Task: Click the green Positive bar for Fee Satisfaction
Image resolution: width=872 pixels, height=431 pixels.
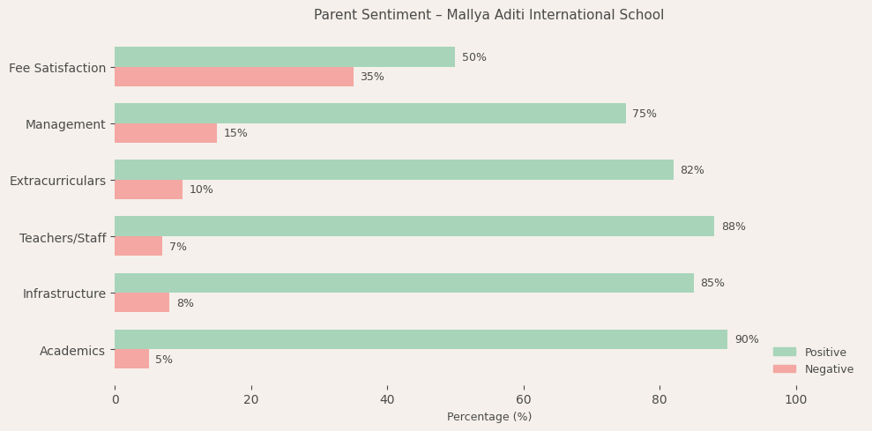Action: [285, 57]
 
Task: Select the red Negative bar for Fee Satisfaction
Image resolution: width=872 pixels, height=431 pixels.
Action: [234, 77]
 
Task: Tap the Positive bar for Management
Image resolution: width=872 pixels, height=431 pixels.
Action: [369, 114]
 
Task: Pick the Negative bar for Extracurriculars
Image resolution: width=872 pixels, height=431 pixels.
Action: [148, 189]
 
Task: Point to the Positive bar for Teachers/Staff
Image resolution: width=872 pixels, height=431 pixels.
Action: [414, 227]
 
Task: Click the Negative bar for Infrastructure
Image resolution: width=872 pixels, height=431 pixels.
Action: [142, 303]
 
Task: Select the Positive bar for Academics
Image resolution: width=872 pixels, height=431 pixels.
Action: [421, 339]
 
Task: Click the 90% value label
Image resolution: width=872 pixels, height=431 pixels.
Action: [746, 339]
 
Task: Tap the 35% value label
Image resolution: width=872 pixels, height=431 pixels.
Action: [372, 77]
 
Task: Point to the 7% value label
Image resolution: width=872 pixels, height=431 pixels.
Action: [177, 247]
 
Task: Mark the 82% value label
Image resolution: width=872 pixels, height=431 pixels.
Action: [691, 170]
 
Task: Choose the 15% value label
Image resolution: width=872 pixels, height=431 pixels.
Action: [235, 133]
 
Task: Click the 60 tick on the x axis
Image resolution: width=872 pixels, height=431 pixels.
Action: [523, 399]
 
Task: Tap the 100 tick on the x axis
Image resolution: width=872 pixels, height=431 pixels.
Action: [795, 399]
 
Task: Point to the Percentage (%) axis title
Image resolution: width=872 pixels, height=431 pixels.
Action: [488, 417]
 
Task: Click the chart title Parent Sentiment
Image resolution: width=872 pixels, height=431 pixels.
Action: [488, 15]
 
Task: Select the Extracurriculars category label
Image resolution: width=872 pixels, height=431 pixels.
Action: [57, 181]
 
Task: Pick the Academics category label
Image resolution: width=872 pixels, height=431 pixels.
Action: [72, 351]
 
